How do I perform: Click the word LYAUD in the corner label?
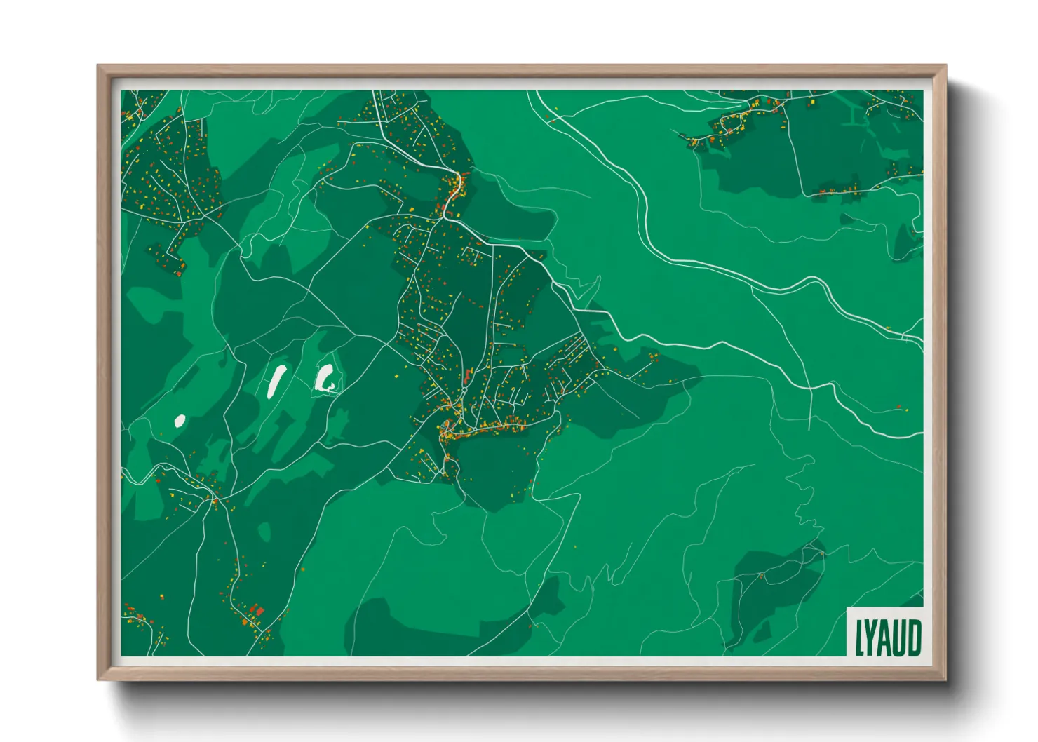[887, 637]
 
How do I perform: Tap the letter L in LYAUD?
[859, 638]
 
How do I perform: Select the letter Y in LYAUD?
[872, 638]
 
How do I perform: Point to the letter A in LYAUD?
[886, 638]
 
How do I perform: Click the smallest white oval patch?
[180, 421]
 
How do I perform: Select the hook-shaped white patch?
[325, 379]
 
